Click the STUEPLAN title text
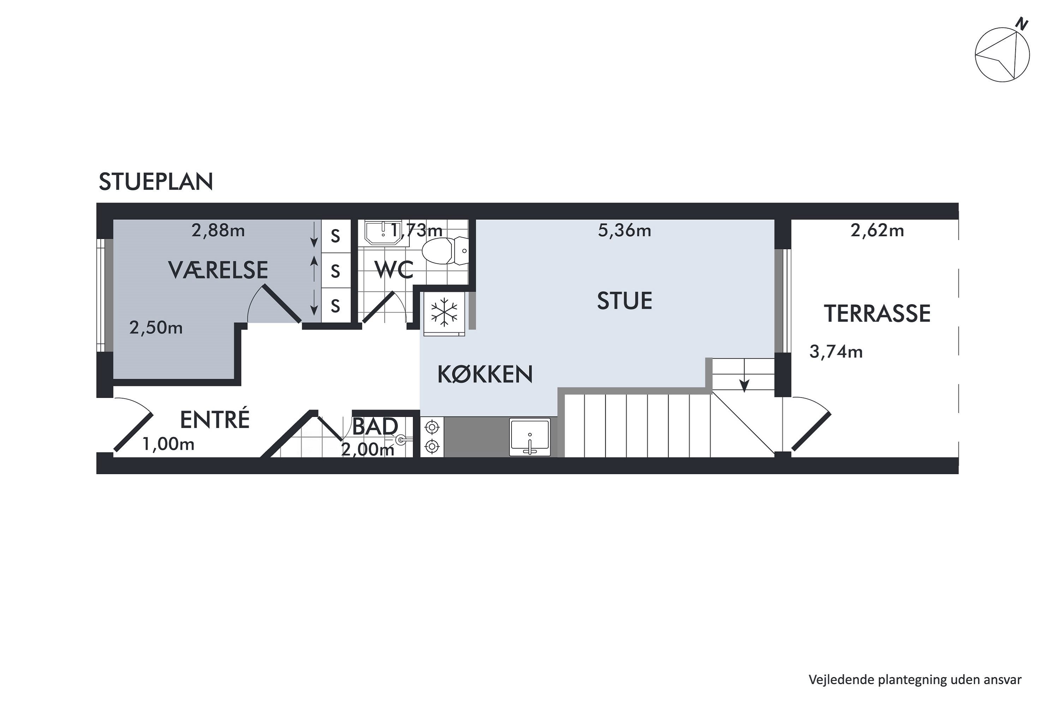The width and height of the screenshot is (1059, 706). point(155,182)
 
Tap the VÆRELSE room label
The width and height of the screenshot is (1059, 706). point(218,270)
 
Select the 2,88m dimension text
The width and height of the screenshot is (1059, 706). point(218,231)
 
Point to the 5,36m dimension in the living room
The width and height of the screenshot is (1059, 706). point(624,231)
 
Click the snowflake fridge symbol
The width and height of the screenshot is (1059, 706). point(444,312)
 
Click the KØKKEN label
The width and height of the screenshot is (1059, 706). point(485,374)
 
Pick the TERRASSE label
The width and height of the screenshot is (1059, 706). point(876,314)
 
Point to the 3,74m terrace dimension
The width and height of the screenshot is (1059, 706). point(836,352)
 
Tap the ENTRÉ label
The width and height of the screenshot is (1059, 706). point(214,420)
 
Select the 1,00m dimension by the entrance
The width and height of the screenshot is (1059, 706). point(168,444)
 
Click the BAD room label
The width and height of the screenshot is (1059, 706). point(375,426)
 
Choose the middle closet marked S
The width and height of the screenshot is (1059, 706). point(335,271)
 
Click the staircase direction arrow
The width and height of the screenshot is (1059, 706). point(744,385)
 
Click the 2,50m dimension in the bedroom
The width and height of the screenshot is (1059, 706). point(156,328)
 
